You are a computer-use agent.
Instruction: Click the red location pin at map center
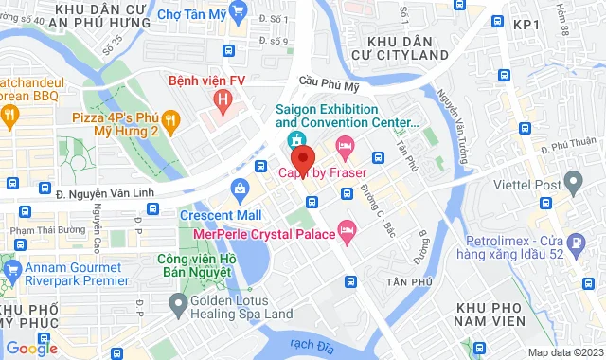click(301, 157)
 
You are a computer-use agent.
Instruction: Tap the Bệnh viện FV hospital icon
click(223, 99)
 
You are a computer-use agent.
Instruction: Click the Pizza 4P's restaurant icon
click(171, 119)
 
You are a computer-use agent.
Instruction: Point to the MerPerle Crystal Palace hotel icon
click(348, 229)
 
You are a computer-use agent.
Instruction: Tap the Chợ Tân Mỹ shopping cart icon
click(238, 13)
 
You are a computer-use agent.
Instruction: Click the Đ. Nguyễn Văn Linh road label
click(99, 195)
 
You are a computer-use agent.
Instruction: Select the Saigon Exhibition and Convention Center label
click(347, 115)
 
